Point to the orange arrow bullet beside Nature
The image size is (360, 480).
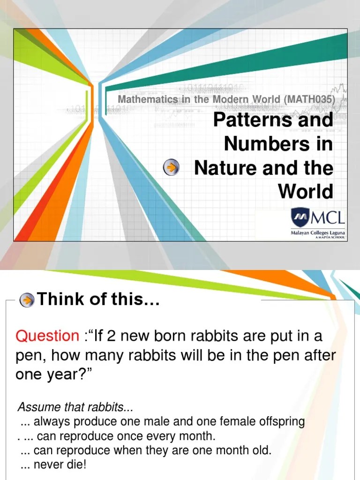[x=172, y=167]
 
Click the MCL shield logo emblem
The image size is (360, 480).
[x=300, y=217]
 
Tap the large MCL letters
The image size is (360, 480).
[x=327, y=217]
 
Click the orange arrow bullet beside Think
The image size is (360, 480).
[x=28, y=300]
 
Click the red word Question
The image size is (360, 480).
[x=47, y=336]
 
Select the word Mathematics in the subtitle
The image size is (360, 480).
[x=148, y=99]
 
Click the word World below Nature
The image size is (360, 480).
[x=306, y=191]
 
